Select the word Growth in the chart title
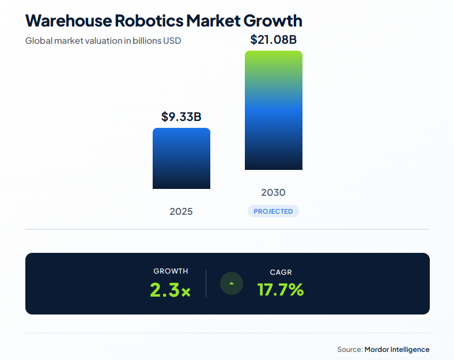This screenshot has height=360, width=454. [x=273, y=21]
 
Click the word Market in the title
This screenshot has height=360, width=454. [x=213, y=21]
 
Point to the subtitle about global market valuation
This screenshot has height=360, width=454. [x=103, y=41]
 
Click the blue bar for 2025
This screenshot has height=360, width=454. [x=181, y=158]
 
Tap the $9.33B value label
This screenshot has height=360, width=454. [x=181, y=117]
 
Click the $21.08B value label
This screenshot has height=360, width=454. [x=273, y=40]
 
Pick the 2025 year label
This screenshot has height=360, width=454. [x=181, y=211]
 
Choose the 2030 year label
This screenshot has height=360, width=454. [x=273, y=192]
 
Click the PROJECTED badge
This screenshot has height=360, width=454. [x=273, y=211]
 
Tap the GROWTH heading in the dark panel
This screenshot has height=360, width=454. [x=171, y=271]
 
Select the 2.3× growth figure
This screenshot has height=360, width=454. [x=170, y=290]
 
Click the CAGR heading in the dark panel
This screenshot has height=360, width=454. [x=281, y=272]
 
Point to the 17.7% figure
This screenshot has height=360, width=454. [x=281, y=290]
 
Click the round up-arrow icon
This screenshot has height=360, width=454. [x=232, y=283]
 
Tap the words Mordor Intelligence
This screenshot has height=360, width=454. [x=397, y=349]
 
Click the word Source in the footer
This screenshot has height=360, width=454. [x=349, y=349]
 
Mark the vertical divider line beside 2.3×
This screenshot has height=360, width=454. [x=206, y=283]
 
